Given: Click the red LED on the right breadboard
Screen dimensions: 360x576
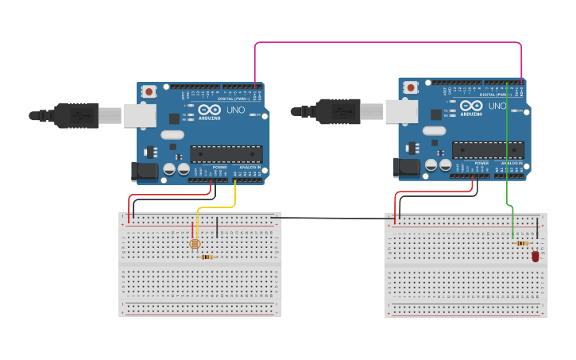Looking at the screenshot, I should [535, 256].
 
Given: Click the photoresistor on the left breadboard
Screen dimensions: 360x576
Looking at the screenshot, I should [194, 244].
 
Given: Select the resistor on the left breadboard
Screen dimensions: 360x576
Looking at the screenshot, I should [207, 257].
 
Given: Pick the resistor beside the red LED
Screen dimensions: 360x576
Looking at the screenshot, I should [522, 243].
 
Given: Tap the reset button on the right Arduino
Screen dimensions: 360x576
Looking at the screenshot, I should [411, 87].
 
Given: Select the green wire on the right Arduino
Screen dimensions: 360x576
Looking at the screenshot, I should [507, 159].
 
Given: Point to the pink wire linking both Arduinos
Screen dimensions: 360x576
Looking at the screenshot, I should [389, 43].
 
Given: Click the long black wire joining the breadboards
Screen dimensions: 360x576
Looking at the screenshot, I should [334, 218].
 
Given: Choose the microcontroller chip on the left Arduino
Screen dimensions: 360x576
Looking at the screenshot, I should [226, 154].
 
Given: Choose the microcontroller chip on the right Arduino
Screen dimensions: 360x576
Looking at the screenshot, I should [488, 149].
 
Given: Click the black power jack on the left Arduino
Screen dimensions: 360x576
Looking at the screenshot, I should [141, 170].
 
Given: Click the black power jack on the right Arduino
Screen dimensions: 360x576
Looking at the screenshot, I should [404, 166].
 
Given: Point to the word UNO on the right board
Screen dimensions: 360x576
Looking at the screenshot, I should [497, 106].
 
